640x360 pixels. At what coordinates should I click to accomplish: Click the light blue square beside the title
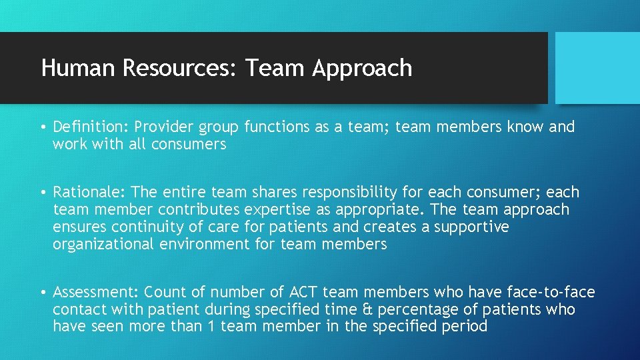tap(597, 67)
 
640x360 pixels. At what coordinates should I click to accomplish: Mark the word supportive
tap(471, 227)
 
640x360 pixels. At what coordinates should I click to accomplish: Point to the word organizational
tap(104, 244)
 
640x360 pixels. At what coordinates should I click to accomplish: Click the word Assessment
tap(95, 292)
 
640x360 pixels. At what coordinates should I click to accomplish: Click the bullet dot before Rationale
tap(42, 193)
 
